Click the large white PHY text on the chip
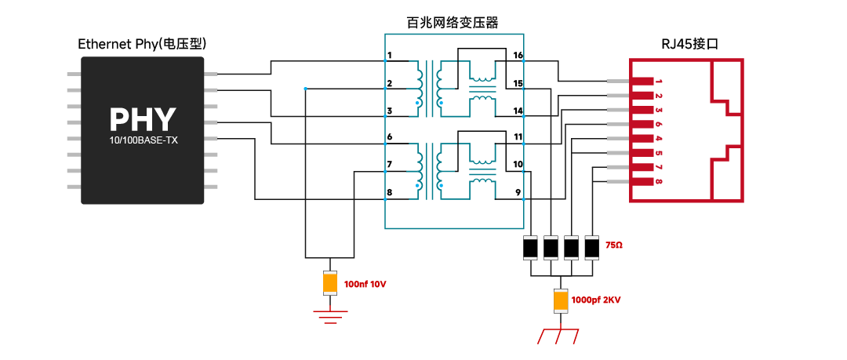coord(143,119)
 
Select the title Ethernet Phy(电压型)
coord(143,44)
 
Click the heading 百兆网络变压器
coord(453,23)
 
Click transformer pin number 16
coord(518,55)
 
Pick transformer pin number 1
coord(390,55)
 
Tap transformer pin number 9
coord(518,191)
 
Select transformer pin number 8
coord(390,191)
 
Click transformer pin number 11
coord(518,136)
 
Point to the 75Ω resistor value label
coord(614,245)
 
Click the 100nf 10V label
coord(365,282)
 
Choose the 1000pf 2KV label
coord(597,300)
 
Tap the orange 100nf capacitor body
coord(330,282)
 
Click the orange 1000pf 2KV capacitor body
coord(562,301)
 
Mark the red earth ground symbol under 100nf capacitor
coord(330,316)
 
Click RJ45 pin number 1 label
coord(659,82)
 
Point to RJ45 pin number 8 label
coord(659,181)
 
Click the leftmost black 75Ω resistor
coord(530,248)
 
